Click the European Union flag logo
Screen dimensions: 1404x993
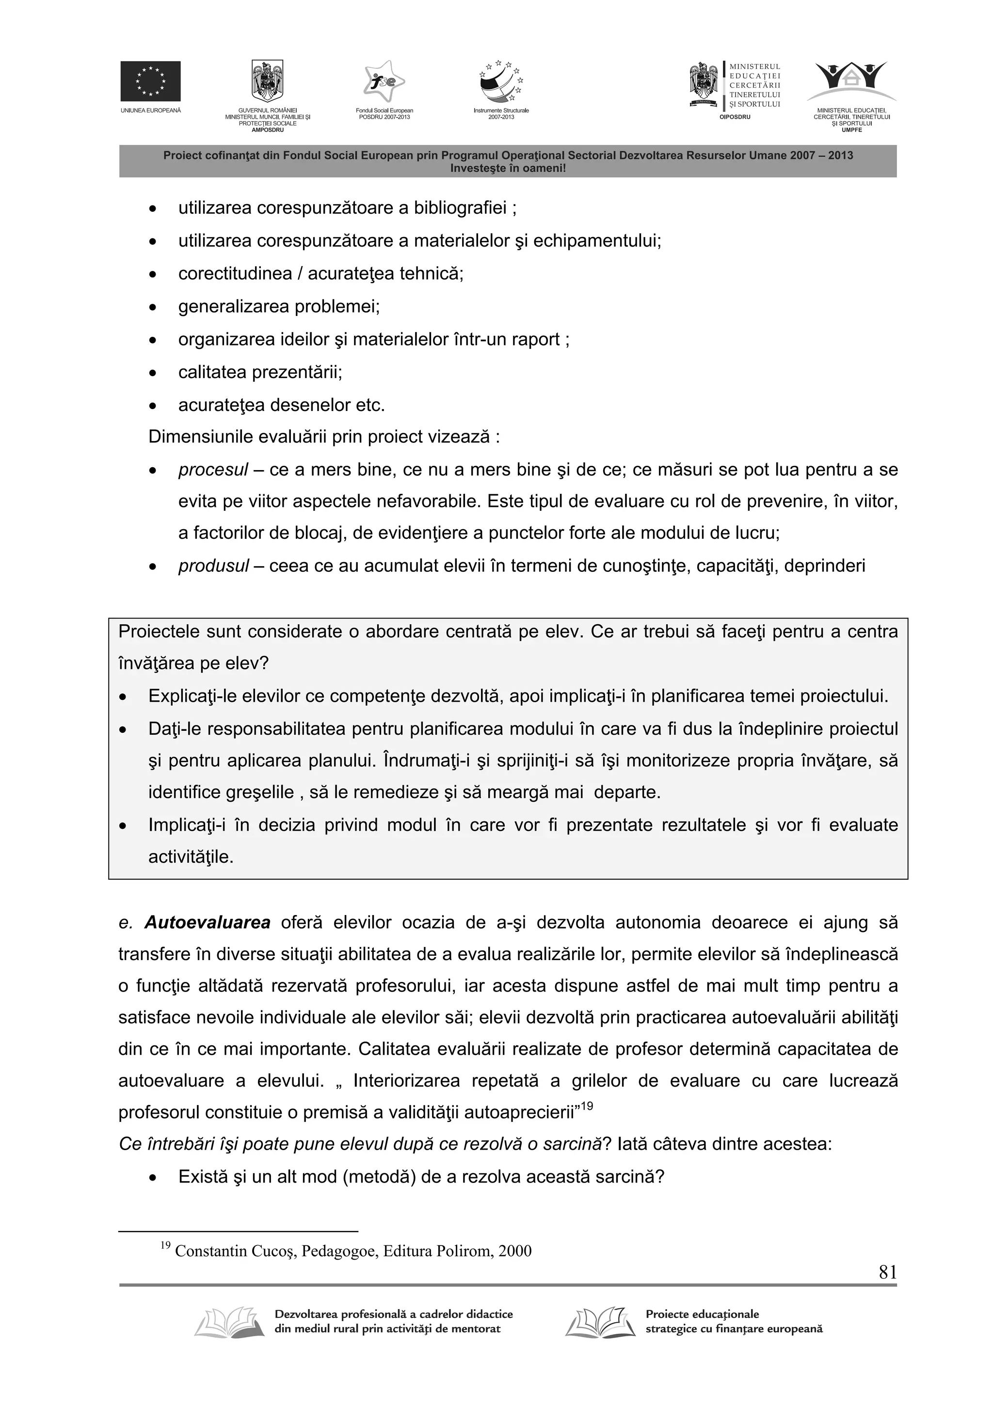point(150,81)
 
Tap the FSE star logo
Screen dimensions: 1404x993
point(384,81)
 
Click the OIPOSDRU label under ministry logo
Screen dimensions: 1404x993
point(734,116)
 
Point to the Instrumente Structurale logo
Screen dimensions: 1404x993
point(500,82)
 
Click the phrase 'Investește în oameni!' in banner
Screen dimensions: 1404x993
point(508,168)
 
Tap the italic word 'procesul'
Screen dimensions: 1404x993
point(213,470)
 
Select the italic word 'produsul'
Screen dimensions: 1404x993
point(213,566)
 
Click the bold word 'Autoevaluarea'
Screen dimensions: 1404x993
point(208,923)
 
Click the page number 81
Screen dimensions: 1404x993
point(887,1273)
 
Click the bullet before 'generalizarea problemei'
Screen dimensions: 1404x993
point(153,307)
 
